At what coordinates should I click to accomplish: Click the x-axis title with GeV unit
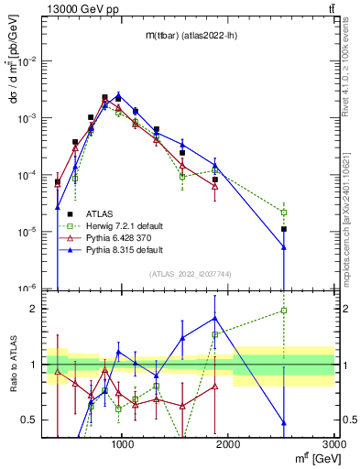coord(309,459)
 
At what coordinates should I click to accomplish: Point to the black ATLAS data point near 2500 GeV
coord(284,229)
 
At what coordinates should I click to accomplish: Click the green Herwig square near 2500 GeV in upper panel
coord(284,213)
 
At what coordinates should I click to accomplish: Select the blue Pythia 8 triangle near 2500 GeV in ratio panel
coord(284,422)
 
